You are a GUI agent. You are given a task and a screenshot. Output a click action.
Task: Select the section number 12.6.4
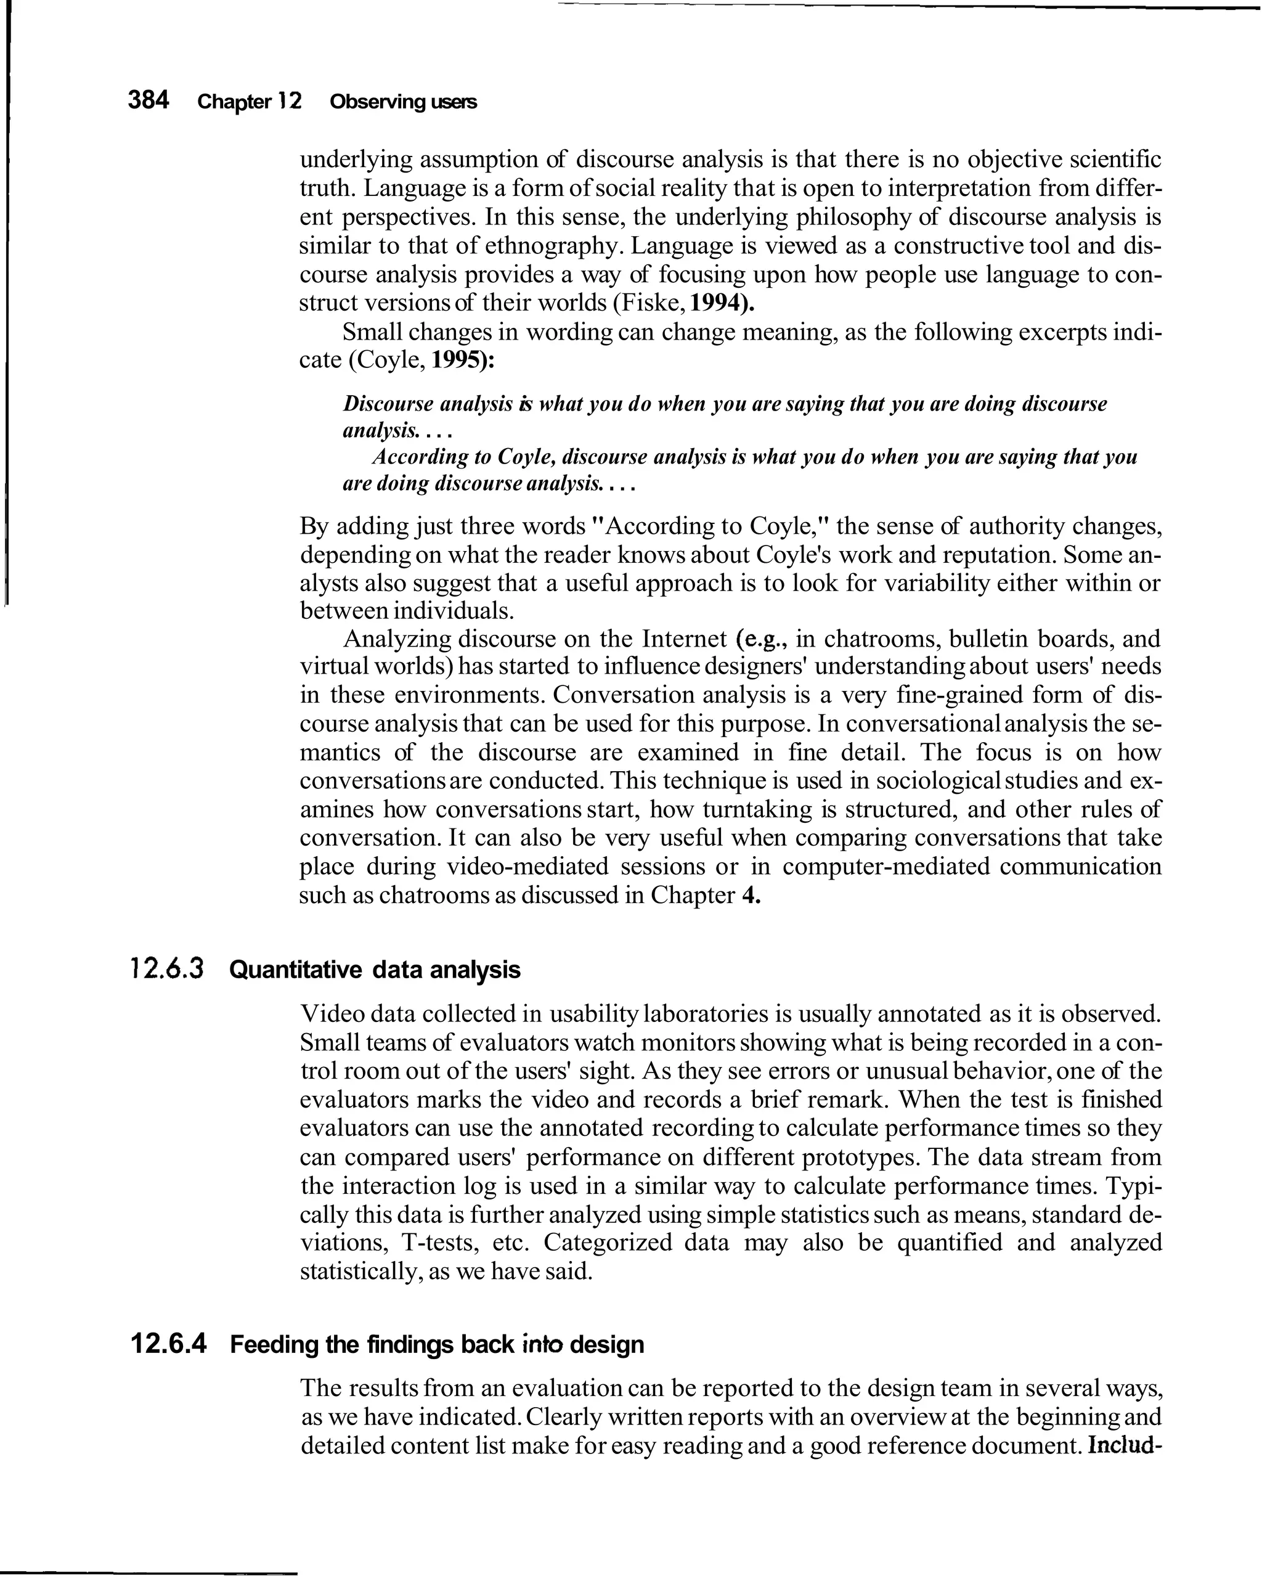pos(168,1344)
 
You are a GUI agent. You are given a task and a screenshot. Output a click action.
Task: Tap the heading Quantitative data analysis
pos(374,970)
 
